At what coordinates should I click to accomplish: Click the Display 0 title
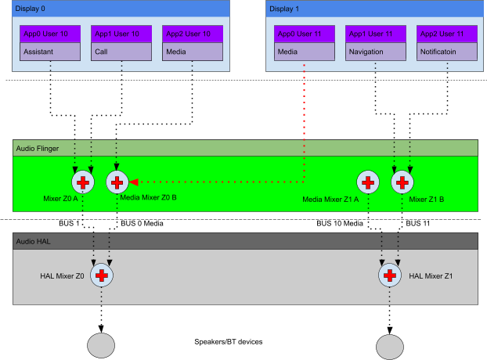coord(32,9)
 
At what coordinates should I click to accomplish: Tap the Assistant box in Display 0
coord(50,52)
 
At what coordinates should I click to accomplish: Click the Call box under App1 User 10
coord(121,52)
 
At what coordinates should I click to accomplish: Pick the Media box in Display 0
coord(193,52)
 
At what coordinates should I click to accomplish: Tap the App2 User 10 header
coord(193,34)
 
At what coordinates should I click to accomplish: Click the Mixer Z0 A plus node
coord(82,182)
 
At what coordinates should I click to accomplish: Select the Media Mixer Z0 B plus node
coord(117,182)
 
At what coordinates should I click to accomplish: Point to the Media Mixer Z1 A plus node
coord(367,182)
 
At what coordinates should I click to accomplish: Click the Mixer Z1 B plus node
coord(402,182)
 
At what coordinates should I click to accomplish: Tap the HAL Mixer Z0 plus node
coord(101,275)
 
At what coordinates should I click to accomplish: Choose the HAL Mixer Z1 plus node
coord(389,275)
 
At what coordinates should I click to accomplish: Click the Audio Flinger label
coord(38,148)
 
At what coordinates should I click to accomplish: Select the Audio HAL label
coord(33,241)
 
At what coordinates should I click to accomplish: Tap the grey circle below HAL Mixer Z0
coord(101,345)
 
